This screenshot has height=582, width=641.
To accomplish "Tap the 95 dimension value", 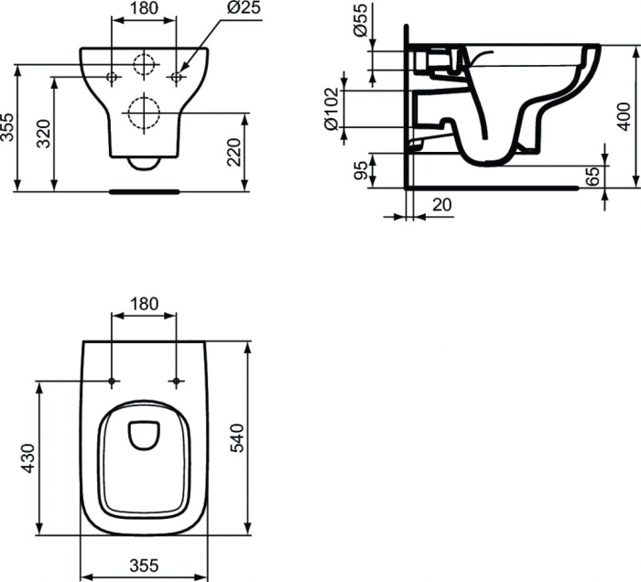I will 362,170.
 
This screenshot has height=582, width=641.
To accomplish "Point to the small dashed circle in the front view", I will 143,65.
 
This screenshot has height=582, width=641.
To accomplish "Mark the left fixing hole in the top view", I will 111,380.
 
